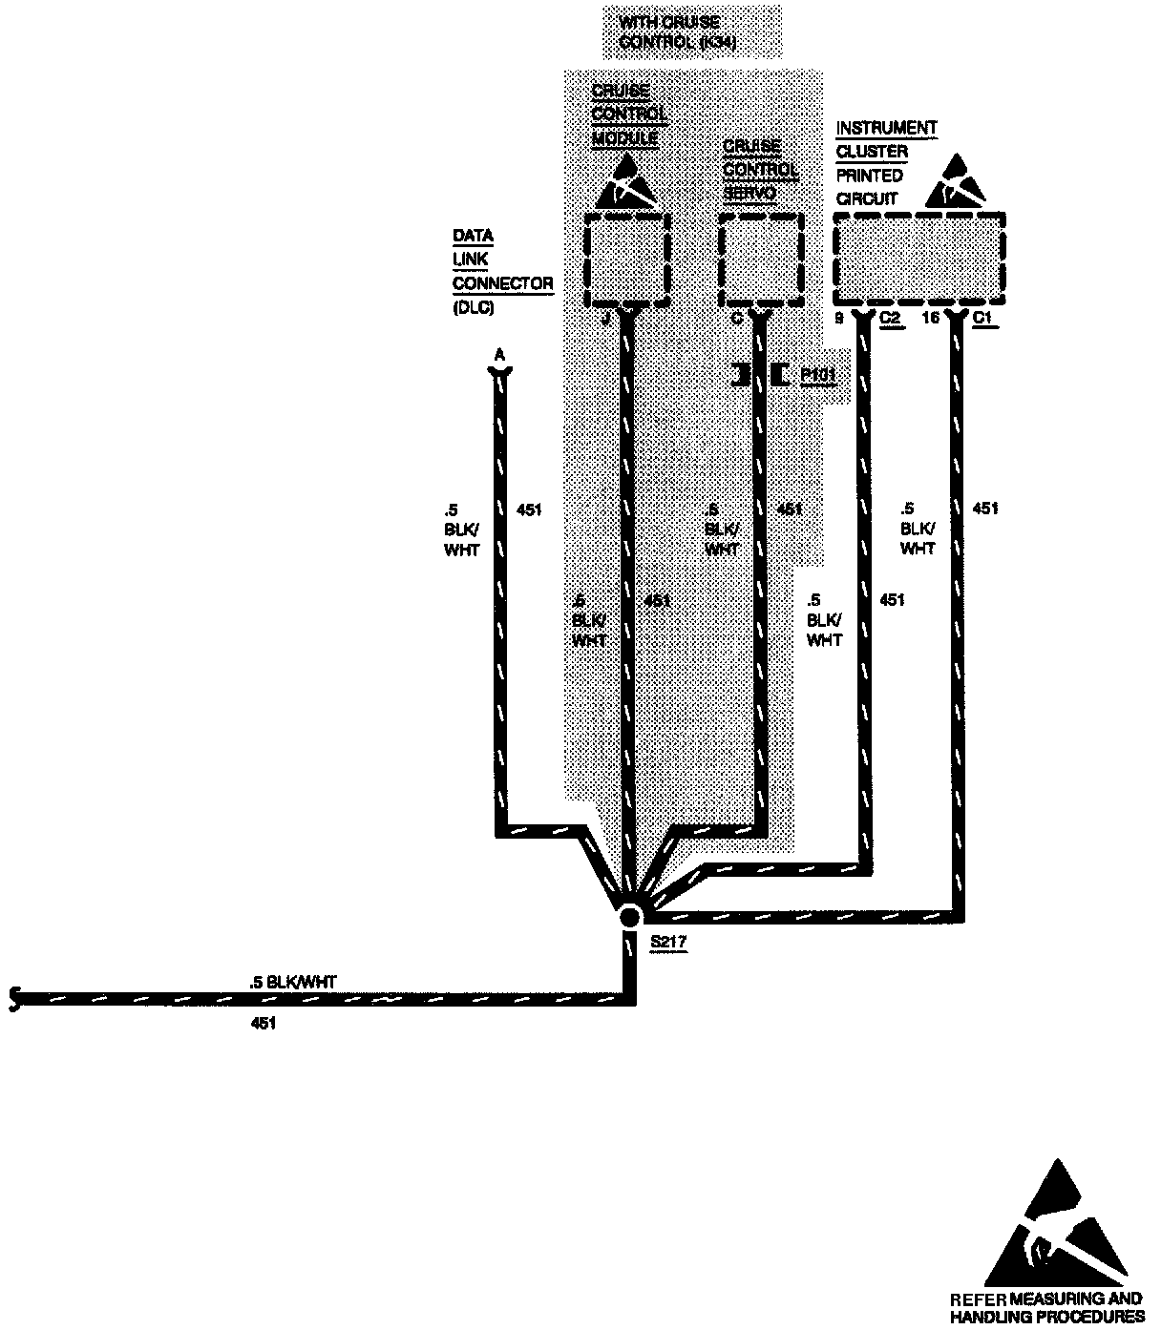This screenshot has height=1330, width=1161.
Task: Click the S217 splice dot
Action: (629, 917)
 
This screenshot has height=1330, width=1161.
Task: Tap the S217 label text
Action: (669, 942)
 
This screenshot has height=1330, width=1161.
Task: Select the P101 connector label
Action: (818, 375)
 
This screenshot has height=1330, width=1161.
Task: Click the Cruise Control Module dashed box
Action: (626, 259)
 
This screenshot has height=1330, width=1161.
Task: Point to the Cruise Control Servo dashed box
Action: (760, 259)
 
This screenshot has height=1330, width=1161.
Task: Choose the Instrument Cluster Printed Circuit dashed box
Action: (919, 255)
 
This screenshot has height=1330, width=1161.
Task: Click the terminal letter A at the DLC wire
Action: (497, 356)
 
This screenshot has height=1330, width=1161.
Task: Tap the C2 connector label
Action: (891, 319)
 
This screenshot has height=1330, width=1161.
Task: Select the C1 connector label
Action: (984, 319)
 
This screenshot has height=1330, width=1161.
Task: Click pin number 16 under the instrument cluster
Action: (931, 319)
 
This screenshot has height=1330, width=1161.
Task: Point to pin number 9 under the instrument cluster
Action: (840, 319)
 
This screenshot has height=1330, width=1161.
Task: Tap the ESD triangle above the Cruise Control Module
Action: (626, 183)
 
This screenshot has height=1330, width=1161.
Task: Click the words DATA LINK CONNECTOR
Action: (501, 260)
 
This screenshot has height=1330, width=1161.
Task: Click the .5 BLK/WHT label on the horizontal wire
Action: (292, 981)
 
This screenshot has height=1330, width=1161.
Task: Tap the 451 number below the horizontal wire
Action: (263, 1024)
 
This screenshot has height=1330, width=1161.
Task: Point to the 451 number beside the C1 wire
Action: (985, 509)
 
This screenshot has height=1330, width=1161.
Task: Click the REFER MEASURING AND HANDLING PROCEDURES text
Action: (1047, 1307)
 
